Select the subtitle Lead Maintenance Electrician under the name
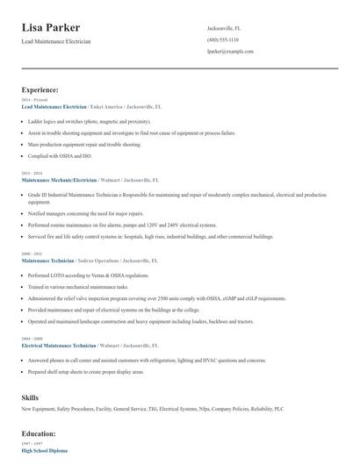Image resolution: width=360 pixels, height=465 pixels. point(55,41)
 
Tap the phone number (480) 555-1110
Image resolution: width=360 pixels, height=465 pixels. point(222,39)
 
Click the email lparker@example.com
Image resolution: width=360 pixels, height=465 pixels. point(230,52)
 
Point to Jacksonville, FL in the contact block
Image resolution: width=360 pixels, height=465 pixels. point(224,28)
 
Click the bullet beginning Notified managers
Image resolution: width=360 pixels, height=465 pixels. point(85,213)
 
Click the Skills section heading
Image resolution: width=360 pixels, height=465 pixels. point(30,397)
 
